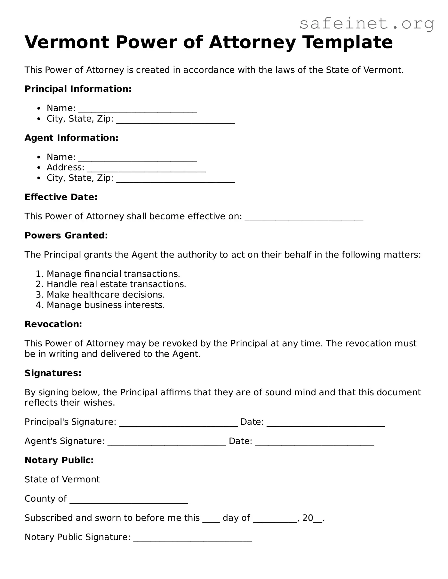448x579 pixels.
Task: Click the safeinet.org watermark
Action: click(x=367, y=24)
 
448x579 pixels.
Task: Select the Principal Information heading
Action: click(x=78, y=89)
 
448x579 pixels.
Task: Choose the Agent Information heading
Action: click(x=71, y=138)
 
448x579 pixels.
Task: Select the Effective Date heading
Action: click(x=61, y=197)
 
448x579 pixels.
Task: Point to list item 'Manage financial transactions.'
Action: click(x=113, y=274)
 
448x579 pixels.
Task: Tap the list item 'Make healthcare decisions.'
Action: click(x=106, y=295)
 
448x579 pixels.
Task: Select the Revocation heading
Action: click(x=53, y=324)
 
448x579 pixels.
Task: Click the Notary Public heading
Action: click(x=59, y=460)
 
